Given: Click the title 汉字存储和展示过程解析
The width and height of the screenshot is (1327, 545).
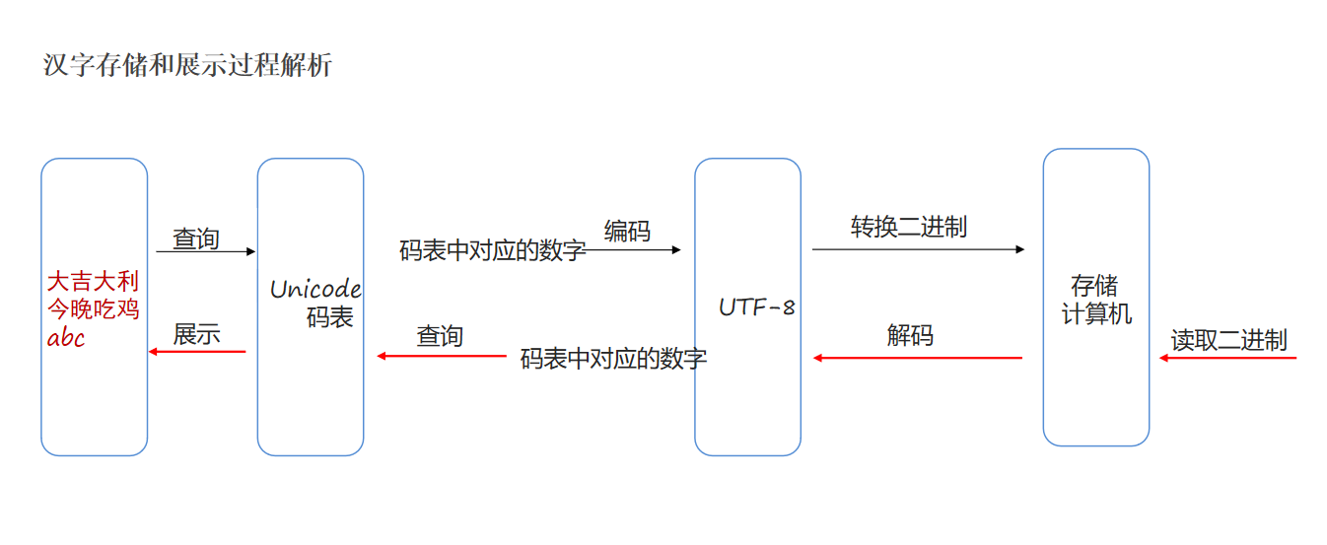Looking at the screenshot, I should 187,66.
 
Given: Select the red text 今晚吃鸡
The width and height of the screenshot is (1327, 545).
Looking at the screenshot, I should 94,309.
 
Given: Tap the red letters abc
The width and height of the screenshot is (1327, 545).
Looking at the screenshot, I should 66,338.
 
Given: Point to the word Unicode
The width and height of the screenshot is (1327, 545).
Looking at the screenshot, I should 315,289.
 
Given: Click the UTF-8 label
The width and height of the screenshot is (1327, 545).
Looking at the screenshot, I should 756,307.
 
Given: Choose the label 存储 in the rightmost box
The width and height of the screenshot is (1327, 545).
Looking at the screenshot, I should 1094,287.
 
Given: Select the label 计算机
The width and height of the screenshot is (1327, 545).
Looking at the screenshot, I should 1096,314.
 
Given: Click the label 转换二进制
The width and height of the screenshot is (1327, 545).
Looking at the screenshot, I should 909,227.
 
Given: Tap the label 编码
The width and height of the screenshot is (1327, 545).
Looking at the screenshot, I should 628,232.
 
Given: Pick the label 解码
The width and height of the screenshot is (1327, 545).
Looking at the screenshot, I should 910,335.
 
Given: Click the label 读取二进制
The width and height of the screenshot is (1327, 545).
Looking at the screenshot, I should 1228,340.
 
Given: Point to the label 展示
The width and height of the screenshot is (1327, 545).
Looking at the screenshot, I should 196,334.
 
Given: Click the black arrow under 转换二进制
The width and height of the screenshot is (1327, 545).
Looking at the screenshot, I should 918,249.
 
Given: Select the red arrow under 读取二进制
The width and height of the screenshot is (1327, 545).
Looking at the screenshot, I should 1227,358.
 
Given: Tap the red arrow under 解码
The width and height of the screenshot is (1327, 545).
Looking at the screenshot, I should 918,358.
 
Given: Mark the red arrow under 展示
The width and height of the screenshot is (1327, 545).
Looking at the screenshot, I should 197,352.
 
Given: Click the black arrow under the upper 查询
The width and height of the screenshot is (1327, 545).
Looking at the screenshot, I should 205,252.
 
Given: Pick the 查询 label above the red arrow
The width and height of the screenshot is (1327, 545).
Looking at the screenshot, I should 440,336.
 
